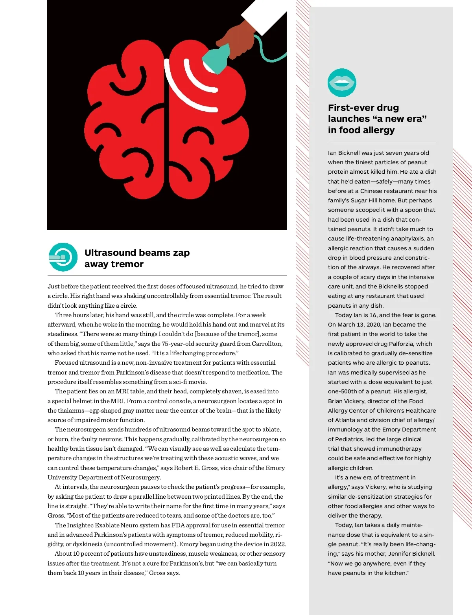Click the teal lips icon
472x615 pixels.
pyautogui.click(x=342, y=83)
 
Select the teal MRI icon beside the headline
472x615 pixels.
pyautogui.click(x=63, y=257)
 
